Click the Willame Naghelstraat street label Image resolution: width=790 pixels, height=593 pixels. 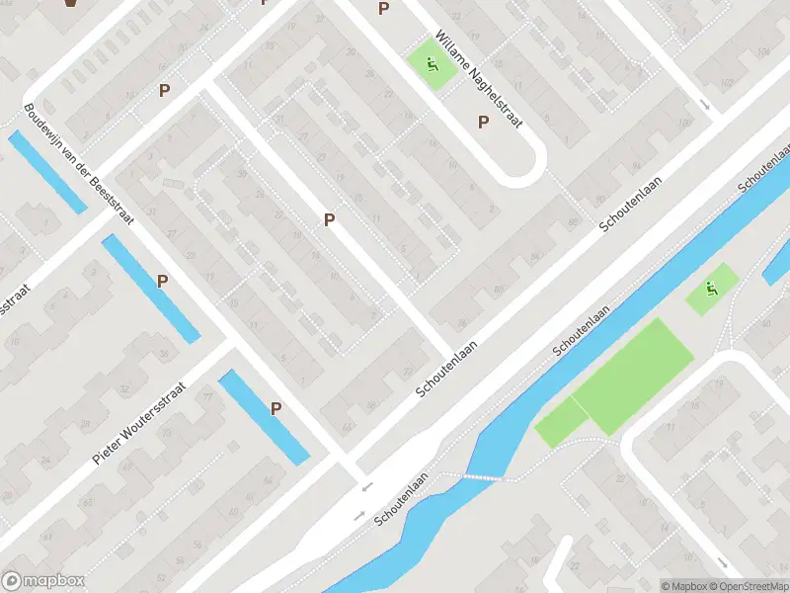pyautogui.click(x=478, y=83)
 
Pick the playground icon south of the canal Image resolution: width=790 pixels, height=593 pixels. pyautogui.click(x=711, y=290)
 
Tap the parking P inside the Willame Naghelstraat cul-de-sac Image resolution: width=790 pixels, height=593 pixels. pyautogui.click(x=484, y=123)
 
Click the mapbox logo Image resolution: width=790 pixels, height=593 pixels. pyautogui.click(x=43, y=581)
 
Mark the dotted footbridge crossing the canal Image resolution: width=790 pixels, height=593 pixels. pyautogui.click(x=471, y=477)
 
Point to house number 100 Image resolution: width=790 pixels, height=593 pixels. pyautogui.click(x=684, y=123)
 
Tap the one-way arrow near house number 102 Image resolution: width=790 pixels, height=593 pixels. pyautogui.click(x=704, y=104)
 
